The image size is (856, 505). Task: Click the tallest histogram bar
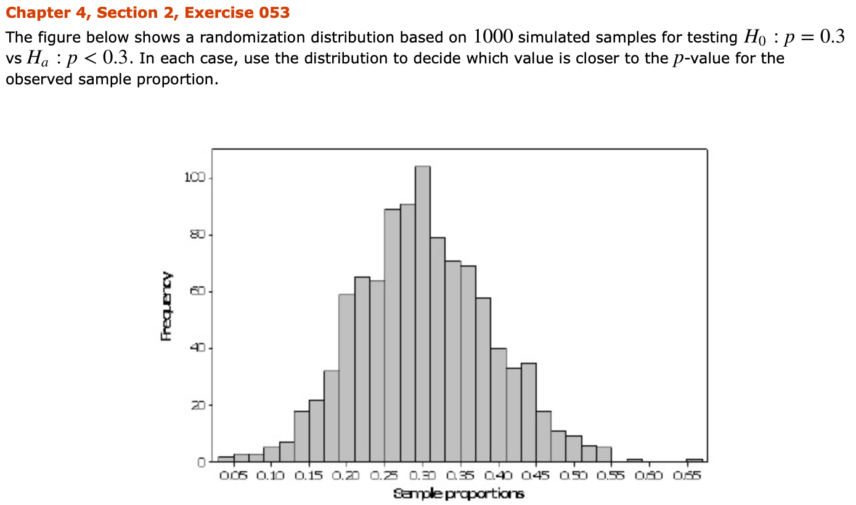(x=423, y=314)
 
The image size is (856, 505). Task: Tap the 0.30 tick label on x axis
(x=423, y=477)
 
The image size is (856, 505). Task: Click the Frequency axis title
(x=166, y=306)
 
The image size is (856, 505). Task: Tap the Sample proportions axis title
(x=459, y=494)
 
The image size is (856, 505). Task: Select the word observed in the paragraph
(x=38, y=80)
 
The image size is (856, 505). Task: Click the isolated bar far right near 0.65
(x=695, y=459)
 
